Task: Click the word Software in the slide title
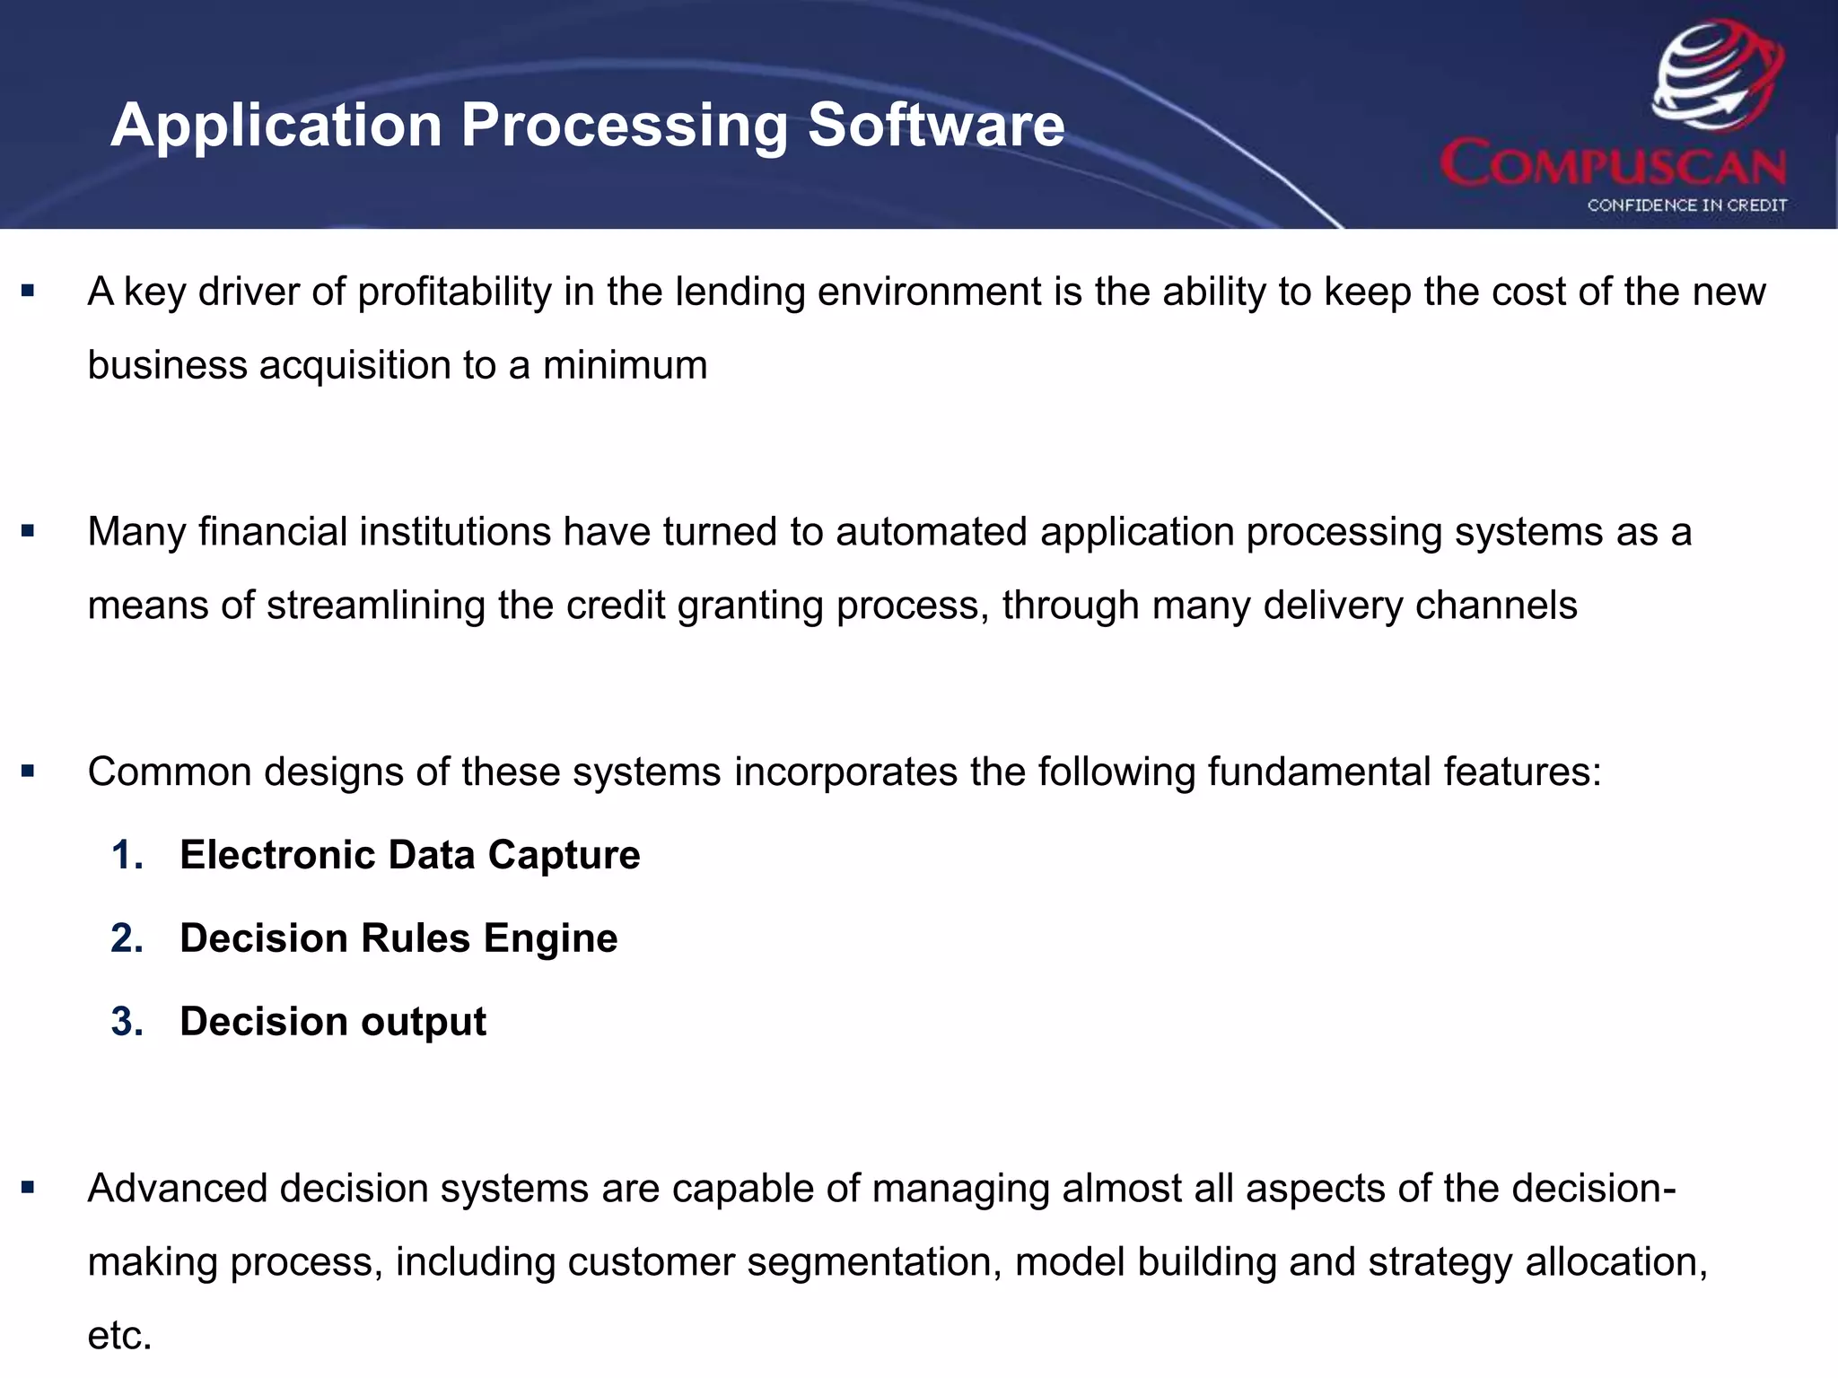935,125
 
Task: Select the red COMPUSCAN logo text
1613,163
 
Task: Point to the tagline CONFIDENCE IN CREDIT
1686,205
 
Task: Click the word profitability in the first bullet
454,292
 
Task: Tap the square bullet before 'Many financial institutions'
28,531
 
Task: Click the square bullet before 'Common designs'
28,771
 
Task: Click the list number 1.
127,855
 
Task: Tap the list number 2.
127,938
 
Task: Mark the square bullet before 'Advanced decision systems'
28,1188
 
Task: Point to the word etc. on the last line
119,1336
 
